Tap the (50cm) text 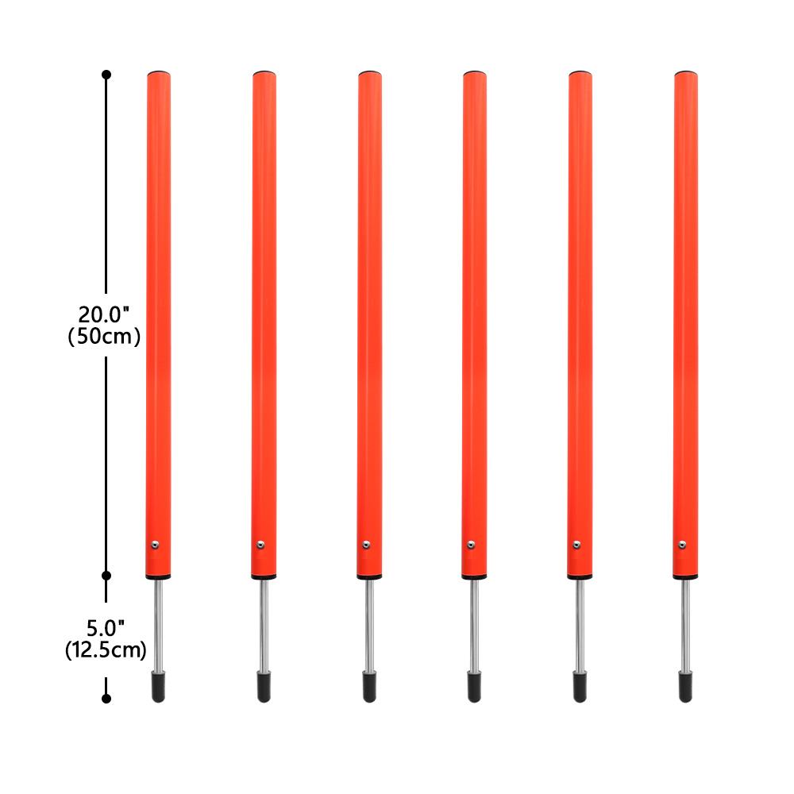point(105,337)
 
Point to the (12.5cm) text point(106,650)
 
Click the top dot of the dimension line point(106,75)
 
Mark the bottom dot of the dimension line point(106,699)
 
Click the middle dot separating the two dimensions point(106,574)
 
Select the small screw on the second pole point(260,545)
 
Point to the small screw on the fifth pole point(576,545)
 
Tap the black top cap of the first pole point(159,73)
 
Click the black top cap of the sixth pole point(686,73)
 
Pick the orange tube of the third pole point(369,318)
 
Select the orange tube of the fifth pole point(580,318)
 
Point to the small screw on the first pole point(156,545)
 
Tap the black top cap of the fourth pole point(475,73)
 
